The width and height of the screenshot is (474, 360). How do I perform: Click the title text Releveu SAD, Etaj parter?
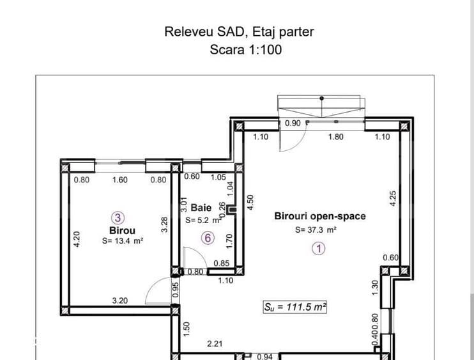pos(240,31)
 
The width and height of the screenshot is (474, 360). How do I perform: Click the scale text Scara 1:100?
pos(245,49)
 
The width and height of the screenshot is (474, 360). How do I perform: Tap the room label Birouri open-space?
pos(320,216)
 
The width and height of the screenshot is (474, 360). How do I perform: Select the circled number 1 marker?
pos(319,249)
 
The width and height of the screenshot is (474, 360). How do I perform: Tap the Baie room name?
pos(201,208)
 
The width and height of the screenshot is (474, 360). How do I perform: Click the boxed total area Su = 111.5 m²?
pos(295,307)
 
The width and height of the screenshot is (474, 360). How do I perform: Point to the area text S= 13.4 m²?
pos(122,241)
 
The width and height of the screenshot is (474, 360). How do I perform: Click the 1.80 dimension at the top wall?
pos(336,136)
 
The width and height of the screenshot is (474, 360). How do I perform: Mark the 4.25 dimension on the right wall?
pos(394,199)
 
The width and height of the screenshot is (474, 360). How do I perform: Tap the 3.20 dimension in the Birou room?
pos(119,299)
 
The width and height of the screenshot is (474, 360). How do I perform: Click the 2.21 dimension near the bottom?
pos(215,344)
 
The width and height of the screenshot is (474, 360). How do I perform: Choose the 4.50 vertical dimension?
pos(251,203)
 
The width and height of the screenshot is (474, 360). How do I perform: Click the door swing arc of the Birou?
pos(155,292)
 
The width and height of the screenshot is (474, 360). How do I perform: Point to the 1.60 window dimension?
pos(119,180)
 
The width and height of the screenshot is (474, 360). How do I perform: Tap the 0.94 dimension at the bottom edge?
pos(264,356)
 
